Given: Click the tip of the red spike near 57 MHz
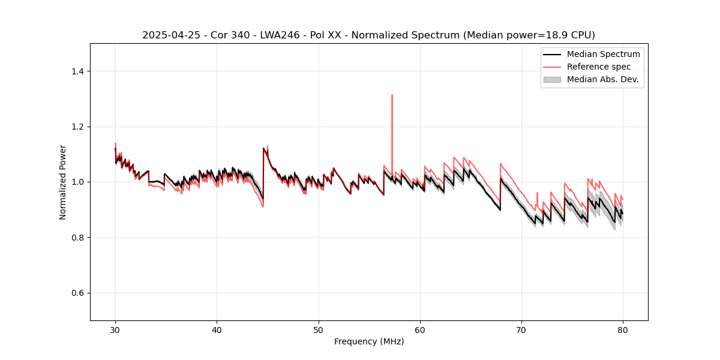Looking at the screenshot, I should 392,95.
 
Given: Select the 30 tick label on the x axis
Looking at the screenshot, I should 115,330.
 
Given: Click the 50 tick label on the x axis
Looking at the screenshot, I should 318,330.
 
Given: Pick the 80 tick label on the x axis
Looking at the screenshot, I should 622,330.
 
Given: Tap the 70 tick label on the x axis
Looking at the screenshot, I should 521,330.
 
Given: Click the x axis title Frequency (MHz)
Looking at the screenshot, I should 369,341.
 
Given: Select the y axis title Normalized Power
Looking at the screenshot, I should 63,182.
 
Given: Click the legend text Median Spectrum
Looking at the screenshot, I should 603,54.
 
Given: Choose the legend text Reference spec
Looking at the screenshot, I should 599,67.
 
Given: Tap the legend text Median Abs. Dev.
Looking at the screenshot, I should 602,79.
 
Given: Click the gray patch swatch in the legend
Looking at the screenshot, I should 552,79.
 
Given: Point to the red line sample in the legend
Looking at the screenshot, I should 552,67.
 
